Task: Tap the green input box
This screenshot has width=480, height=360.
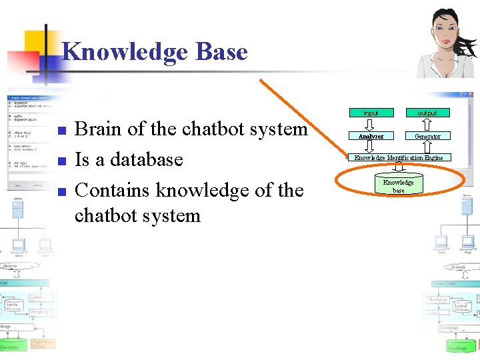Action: pyautogui.click(x=371, y=113)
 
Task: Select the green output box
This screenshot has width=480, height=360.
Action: pyautogui.click(x=427, y=113)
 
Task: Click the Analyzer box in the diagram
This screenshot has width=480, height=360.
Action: pyautogui.click(x=371, y=136)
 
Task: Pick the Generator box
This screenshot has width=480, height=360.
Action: pyautogui.click(x=427, y=136)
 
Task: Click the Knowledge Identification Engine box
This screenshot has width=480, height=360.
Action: pyautogui.click(x=399, y=158)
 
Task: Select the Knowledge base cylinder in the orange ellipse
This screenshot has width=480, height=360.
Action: pyautogui.click(x=399, y=186)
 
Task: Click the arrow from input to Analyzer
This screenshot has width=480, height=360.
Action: pyautogui.click(x=371, y=124)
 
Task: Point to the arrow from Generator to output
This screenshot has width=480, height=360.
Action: pyautogui.click(x=427, y=124)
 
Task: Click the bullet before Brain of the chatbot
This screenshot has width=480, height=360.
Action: pyautogui.click(x=60, y=130)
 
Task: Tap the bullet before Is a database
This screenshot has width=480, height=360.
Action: pyautogui.click(x=60, y=161)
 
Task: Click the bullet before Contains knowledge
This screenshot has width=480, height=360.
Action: pyautogui.click(x=60, y=191)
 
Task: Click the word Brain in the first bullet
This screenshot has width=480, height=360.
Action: pyautogui.click(x=99, y=129)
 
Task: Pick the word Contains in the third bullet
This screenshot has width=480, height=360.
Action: pyautogui.click(x=113, y=191)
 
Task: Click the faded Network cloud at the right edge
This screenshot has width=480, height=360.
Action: pyautogui.click(x=459, y=267)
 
